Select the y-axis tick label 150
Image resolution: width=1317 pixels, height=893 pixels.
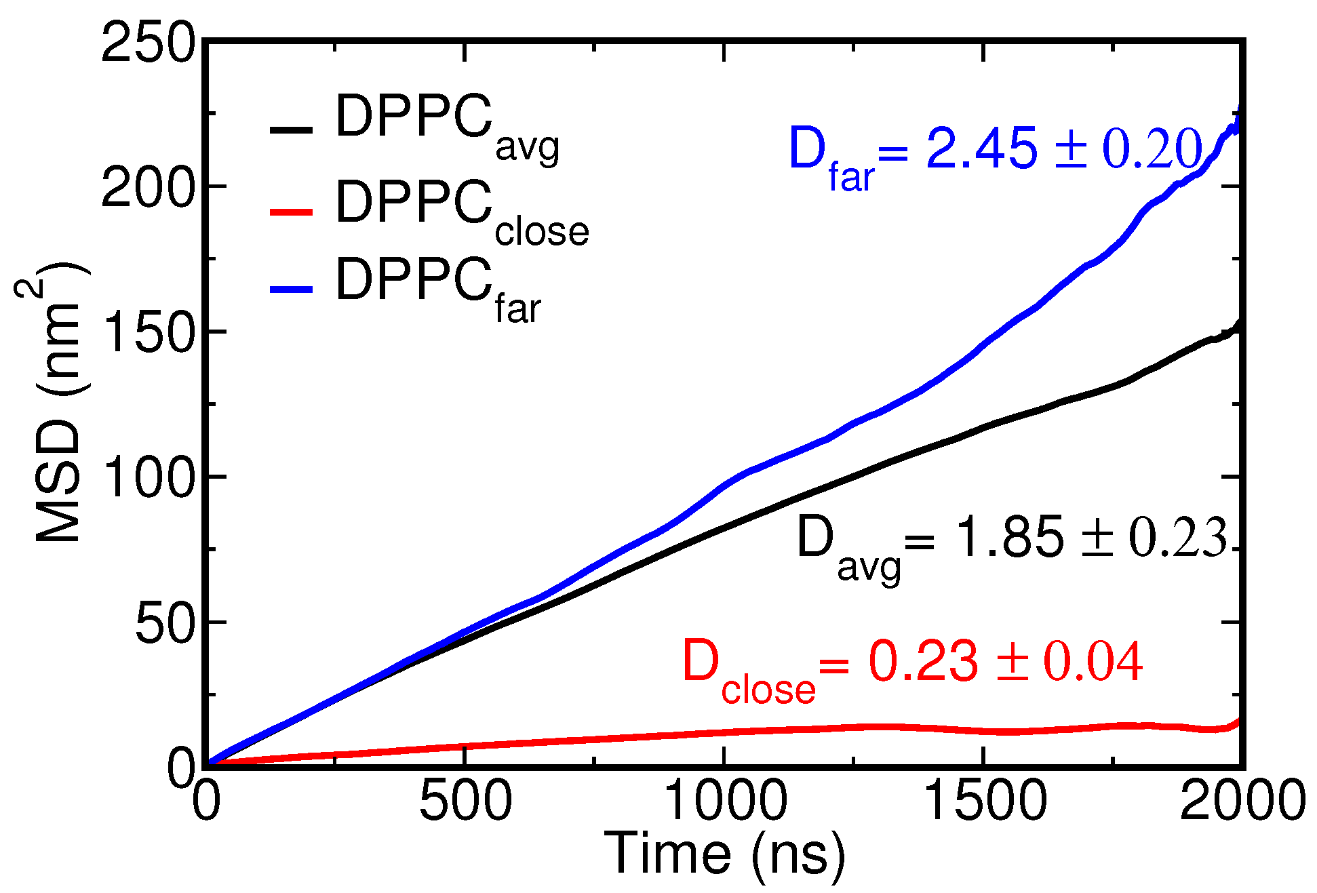[x=148, y=333]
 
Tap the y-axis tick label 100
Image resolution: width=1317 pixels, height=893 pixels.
[x=148, y=478]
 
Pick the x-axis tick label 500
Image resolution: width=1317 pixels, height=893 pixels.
[x=465, y=801]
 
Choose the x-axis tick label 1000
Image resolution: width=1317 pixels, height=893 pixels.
[x=724, y=801]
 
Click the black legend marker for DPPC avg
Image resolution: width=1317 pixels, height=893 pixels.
[x=291, y=130]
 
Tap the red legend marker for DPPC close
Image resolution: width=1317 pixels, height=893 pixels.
[x=291, y=212]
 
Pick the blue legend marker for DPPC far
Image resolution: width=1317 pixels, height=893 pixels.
[x=291, y=290]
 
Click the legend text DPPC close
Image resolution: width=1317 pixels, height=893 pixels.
[x=461, y=210]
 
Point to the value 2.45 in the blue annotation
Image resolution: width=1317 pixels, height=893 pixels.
[x=981, y=148]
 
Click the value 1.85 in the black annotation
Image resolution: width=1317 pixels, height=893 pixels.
[x=1008, y=538]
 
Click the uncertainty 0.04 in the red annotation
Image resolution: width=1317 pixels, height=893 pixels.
[x=1093, y=662]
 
